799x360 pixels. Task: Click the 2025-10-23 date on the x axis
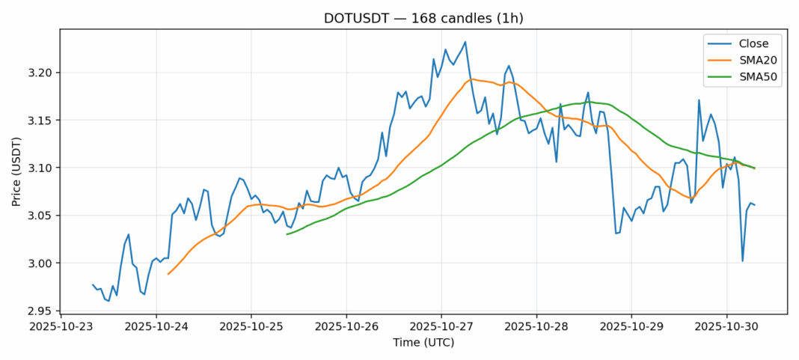[x=61, y=326]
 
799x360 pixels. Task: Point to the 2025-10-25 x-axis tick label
[x=251, y=326]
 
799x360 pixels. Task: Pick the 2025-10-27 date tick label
[x=441, y=326]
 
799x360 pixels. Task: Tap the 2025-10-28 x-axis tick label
[x=536, y=326]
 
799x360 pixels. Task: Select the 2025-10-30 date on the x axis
[x=726, y=326]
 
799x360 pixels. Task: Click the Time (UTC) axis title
[x=423, y=343]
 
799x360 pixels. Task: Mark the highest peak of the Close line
[x=465, y=42]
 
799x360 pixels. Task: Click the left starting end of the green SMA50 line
[x=287, y=234]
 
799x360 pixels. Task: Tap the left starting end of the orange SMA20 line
[x=168, y=274]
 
